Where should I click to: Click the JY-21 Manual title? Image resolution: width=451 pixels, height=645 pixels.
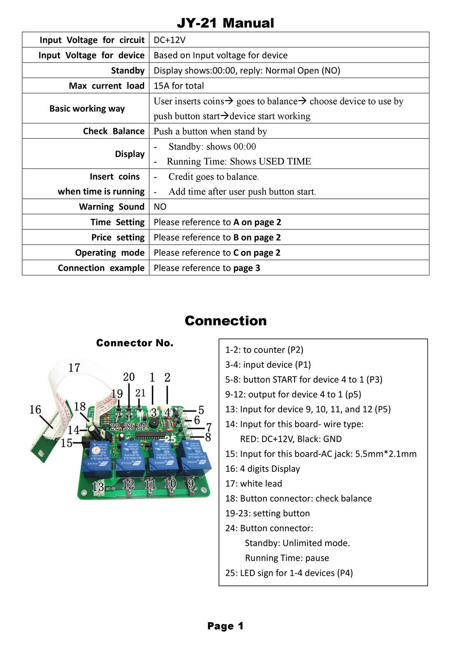225,23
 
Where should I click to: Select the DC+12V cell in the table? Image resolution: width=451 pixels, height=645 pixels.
169,40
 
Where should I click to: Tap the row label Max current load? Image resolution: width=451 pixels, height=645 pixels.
106,86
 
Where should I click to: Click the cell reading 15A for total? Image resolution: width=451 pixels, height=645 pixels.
178,86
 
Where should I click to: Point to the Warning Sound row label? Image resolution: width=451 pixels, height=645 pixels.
111,206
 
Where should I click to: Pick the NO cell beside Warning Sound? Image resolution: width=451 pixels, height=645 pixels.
160,206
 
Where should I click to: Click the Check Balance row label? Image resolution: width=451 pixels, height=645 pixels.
114,131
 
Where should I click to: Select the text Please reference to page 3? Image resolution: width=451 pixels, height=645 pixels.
207,268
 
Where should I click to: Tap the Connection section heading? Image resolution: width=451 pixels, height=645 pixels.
225,320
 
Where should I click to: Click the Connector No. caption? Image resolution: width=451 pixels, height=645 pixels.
134,343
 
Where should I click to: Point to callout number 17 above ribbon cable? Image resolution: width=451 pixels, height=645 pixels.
74,368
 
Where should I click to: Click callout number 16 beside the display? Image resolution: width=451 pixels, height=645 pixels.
35,409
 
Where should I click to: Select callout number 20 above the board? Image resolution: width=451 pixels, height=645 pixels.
129,377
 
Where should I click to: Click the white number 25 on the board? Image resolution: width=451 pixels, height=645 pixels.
170,439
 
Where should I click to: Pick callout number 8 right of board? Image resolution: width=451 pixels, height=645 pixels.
208,437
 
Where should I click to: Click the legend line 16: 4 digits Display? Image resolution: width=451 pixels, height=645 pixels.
262,468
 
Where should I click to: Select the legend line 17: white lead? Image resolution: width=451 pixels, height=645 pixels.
253,483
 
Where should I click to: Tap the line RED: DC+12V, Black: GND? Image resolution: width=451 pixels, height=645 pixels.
291,439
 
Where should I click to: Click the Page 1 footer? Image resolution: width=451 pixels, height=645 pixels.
225,626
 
